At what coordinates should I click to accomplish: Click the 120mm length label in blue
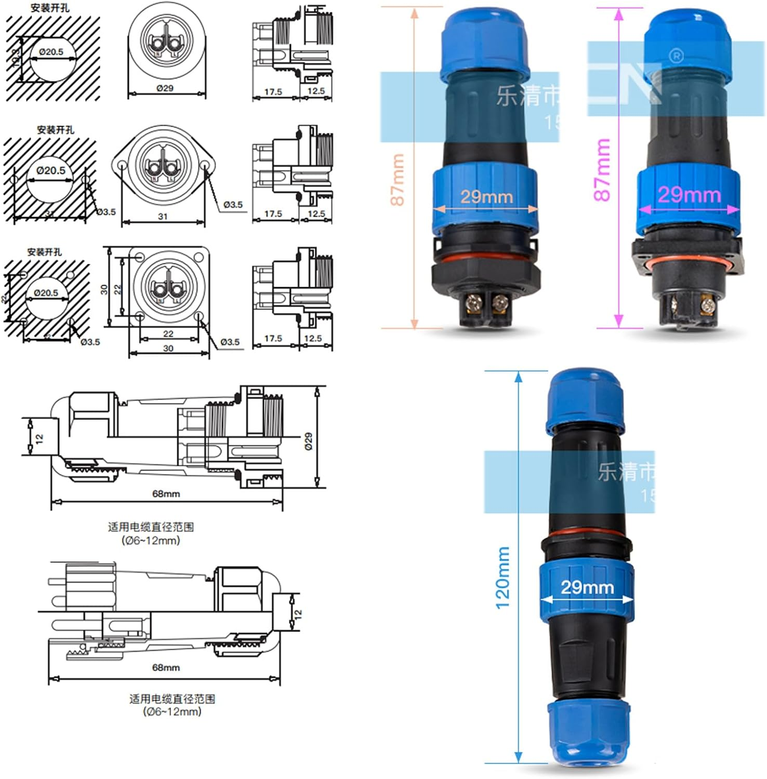pyautogui.click(x=503, y=577)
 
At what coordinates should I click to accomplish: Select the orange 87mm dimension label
pyautogui.click(x=397, y=180)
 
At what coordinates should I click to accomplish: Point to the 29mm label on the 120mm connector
pyautogui.click(x=587, y=587)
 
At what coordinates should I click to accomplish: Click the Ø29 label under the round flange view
pyautogui.click(x=165, y=88)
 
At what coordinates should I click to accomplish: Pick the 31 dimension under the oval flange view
pyautogui.click(x=163, y=217)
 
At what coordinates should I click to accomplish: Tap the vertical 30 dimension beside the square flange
pyautogui.click(x=104, y=289)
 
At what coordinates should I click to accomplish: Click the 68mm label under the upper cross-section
pyautogui.click(x=166, y=493)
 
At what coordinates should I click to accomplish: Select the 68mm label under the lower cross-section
pyautogui.click(x=166, y=667)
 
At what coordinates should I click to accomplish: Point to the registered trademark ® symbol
pyautogui.click(x=676, y=56)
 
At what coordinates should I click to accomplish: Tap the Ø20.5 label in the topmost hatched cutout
pyautogui.click(x=51, y=51)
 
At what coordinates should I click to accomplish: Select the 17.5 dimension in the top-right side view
pyautogui.click(x=273, y=92)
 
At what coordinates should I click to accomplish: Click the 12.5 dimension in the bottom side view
pyautogui.click(x=313, y=338)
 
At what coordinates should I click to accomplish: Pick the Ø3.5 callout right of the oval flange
pyautogui.click(x=233, y=205)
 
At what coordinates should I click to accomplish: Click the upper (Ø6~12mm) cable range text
pyautogui.click(x=151, y=541)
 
